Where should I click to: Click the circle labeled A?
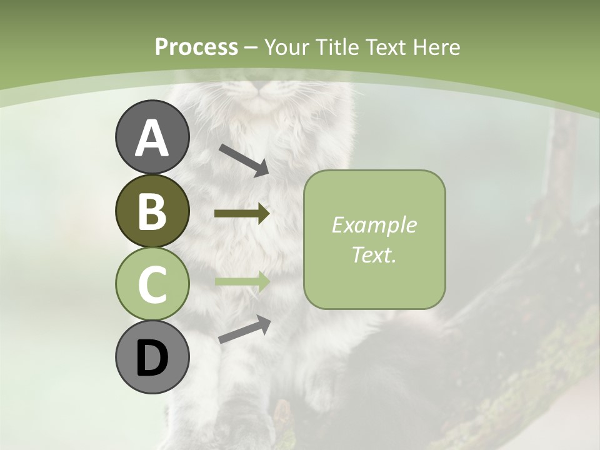coord(152,137)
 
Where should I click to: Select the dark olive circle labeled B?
coord(152,211)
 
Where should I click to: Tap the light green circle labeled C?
coord(152,284)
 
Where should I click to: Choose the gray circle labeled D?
coord(152,357)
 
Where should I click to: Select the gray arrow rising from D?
coord(244,329)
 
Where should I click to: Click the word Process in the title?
coord(196,47)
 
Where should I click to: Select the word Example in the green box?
coord(374,225)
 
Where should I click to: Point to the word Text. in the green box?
coord(374,254)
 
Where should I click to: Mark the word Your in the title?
coord(287,47)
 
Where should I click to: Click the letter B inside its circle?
coord(152,211)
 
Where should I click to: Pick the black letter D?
coord(152,358)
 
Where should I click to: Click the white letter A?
coord(152,138)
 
